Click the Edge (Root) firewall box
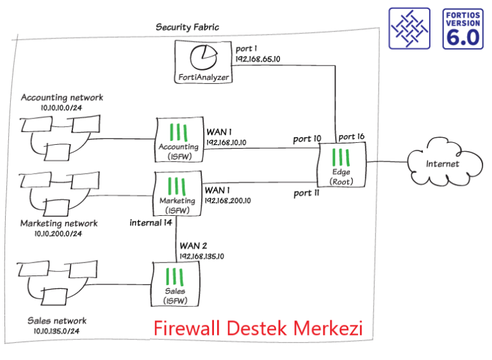[341, 165]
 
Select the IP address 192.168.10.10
[228, 143]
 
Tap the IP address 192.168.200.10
[229, 200]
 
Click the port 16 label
[351, 136]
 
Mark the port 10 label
[307, 138]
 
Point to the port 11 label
[306, 193]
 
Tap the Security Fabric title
[187, 27]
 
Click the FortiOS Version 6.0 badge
[463, 29]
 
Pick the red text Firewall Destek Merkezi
[258, 329]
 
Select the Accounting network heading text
[61, 97]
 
